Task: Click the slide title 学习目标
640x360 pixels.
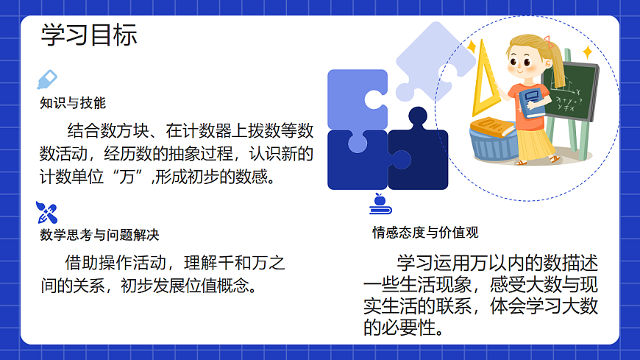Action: pos(89,35)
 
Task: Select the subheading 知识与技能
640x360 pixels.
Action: pos(73,103)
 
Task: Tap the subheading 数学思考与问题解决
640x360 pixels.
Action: pos(99,235)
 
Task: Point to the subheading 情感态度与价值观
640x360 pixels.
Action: pos(425,233)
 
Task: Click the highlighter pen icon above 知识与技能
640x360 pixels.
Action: pos(46,80)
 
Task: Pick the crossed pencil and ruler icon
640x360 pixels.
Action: pos(46,213)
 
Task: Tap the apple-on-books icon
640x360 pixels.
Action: pos(379,203)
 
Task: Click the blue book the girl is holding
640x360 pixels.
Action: pos(533,99)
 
